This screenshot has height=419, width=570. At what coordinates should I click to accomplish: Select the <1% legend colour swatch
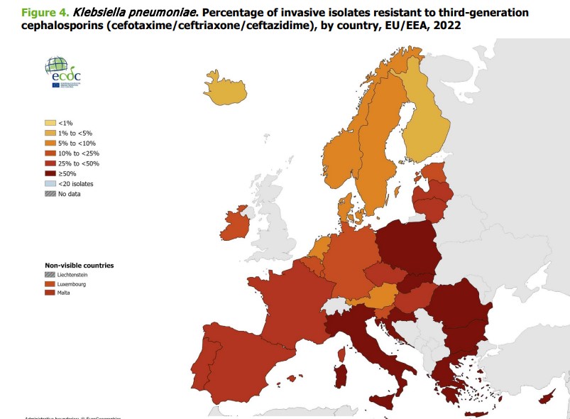click(50, 123)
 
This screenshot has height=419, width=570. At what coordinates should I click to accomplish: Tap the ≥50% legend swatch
click(50, 173)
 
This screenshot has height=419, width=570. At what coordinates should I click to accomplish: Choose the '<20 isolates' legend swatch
click(50, 183)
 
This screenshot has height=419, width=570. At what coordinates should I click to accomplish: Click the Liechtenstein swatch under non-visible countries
click(50, 274)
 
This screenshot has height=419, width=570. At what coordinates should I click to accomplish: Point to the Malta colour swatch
click(50, 293)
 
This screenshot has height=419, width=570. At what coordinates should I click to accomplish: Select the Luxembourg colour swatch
click(50, 283)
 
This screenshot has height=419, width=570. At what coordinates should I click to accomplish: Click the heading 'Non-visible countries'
click(80, 266)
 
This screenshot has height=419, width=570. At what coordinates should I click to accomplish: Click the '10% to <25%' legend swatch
click(50, 153)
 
